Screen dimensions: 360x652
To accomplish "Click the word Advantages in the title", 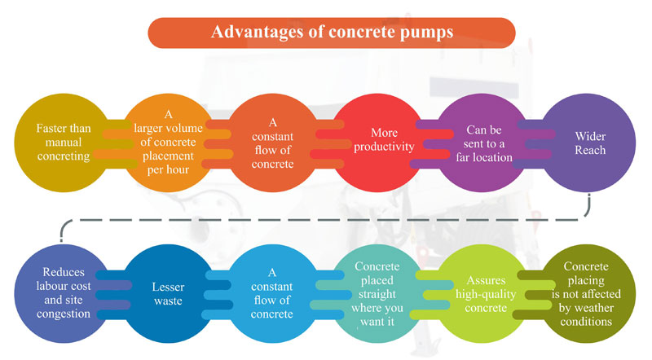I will pyautogui.click(x=251, y=33).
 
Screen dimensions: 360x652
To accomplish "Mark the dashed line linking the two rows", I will pyautogui.click(x=326, y=218).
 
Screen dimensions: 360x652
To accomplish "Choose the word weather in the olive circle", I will pyautogui.click(x=584, y=308).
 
